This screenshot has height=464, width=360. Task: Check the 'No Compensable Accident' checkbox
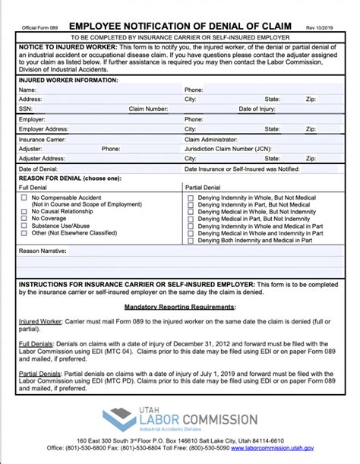(24, 197)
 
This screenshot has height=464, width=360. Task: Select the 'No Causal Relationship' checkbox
(24, 211)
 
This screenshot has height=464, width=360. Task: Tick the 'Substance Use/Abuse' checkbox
(24, 226)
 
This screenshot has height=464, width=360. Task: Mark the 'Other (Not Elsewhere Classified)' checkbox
(24, 233)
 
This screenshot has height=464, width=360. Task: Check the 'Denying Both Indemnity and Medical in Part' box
(190, 240)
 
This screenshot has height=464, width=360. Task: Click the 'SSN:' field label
(26, 109)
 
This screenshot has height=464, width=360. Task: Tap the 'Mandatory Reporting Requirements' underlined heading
(180, 307)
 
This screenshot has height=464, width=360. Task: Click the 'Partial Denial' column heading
(203, 186)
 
